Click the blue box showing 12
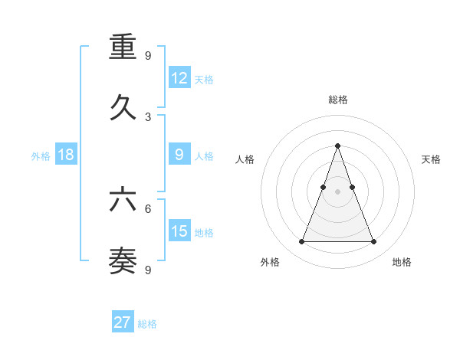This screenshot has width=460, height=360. [x=179, y=78]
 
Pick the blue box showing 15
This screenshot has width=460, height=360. [x=179, y=231]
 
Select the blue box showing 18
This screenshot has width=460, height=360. [x=66, y=155]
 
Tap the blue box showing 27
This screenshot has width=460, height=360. [x=123, y=322]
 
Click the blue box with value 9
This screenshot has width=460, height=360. [x=179, y=155]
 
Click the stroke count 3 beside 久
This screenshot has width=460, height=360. [x=148, y=117]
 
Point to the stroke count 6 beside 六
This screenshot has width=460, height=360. [x=148, y=208]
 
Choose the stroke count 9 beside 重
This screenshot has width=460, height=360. [x=148, y=55]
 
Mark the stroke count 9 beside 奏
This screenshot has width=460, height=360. [x=148, y=269]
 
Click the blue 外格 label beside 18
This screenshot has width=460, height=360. [x=41, y=155]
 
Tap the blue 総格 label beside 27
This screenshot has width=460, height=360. [x=147, y=323]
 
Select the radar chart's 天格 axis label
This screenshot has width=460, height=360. [x=432, y=159]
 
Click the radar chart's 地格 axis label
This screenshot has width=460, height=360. [x=402, y=262]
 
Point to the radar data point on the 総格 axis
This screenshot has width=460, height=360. [x=337, y=146]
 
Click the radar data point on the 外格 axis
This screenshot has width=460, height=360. [x=301, y=242]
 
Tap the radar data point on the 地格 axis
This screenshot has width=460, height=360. [x=373, y=242]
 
